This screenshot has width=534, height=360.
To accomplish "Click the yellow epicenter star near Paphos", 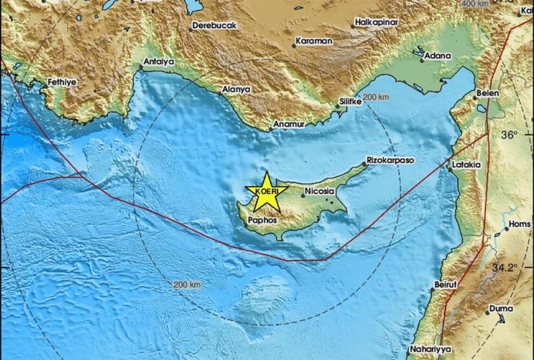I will click(266, 192).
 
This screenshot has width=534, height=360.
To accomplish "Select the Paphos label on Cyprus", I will click(264, 220).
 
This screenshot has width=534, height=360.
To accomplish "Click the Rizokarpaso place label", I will click(390, 160).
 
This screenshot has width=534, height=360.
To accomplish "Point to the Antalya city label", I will click(159, 62).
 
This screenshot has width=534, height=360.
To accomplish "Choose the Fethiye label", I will click(60, 81).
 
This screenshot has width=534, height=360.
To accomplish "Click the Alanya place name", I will click(236, 89).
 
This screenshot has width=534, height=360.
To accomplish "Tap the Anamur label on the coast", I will click(287, 124).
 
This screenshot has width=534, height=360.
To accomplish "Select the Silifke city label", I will click(350, 102).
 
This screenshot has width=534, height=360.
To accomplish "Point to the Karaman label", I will click(314, 41).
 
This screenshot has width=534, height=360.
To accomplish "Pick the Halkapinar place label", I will click(377, 23).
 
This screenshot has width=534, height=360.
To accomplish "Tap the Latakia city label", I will click(466, 165).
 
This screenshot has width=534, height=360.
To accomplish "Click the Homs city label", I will click(519, 225).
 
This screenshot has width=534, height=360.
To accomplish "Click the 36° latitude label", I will click(509, 135).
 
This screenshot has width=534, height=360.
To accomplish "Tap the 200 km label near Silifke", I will click(376, 98).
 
